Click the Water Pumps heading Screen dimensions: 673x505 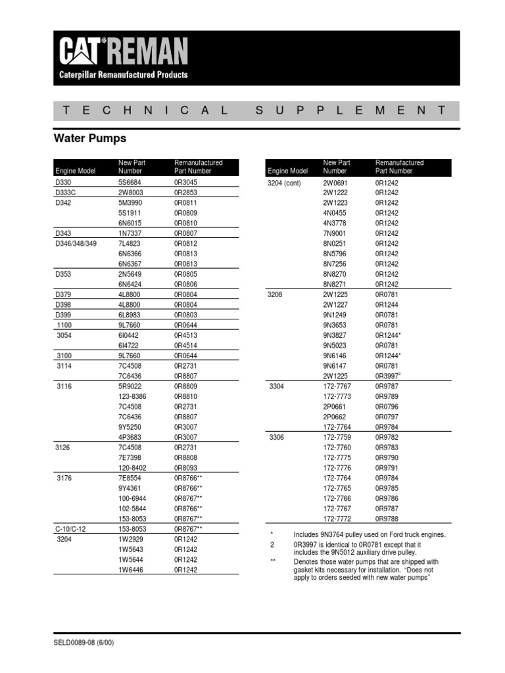coord(89,139)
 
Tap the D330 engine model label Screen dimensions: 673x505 coord(64,182)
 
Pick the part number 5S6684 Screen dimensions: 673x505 coord(130,182)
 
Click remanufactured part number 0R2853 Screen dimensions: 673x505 coord(185,193)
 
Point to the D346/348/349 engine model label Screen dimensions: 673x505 coord(77,243)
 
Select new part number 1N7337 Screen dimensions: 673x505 coord(130,233)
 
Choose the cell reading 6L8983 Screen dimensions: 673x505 coord(130,315)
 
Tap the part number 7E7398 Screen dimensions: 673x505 coord(130,457)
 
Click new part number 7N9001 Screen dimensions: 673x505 coord(334,233)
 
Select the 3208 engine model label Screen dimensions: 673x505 coord(276,294)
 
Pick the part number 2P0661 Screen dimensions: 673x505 coord(334,406)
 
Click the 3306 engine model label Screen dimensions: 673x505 coord(277,437)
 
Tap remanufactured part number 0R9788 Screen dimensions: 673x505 coord(387,519)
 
